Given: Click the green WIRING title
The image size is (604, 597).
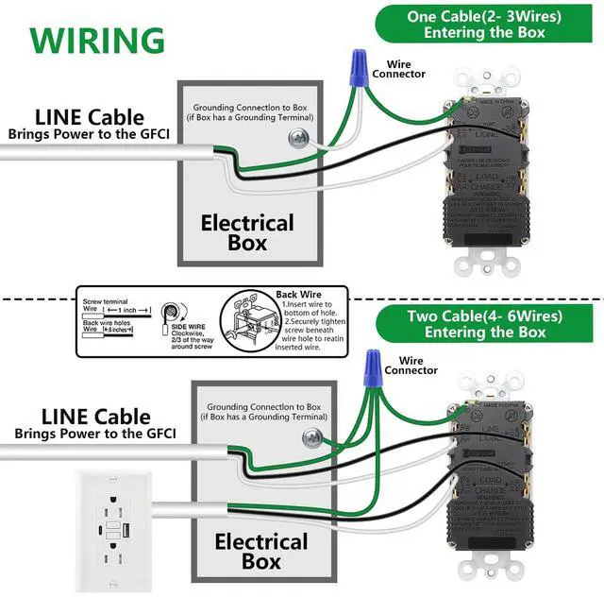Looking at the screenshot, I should (x=96, y=40).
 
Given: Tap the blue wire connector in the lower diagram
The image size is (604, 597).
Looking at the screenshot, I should (x=373, y=362).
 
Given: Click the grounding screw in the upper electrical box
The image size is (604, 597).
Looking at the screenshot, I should (x=298, y=139).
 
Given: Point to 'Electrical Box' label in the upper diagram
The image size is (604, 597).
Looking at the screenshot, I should (x=247, y=233).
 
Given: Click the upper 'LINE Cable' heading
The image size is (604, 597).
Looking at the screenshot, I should (x=90, y=118).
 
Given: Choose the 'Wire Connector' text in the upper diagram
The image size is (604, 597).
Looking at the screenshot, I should (x=399, y=69).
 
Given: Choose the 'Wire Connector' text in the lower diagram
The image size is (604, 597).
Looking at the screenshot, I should (x=411, y=365).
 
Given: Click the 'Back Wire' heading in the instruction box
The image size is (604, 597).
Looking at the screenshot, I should (x=299, y=295).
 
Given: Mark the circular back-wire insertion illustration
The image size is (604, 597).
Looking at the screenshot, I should (x=247, y=321).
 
